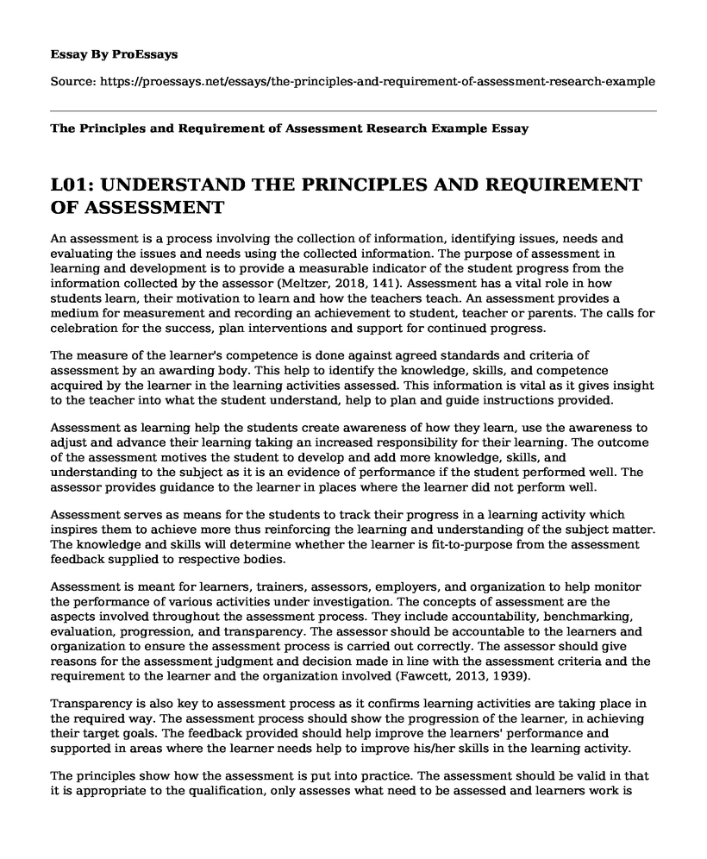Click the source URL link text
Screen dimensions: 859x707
click(x=378, y=82)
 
